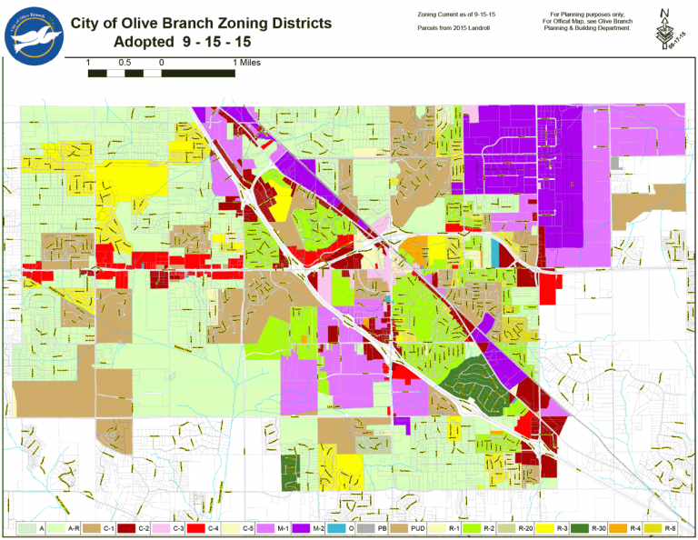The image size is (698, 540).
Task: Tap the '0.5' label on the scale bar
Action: click(125, 63)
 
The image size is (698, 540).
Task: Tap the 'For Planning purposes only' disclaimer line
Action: click(589, 15)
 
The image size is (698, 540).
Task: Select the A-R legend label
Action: click(75, 527)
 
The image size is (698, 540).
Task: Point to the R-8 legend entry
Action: click(671, 527)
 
